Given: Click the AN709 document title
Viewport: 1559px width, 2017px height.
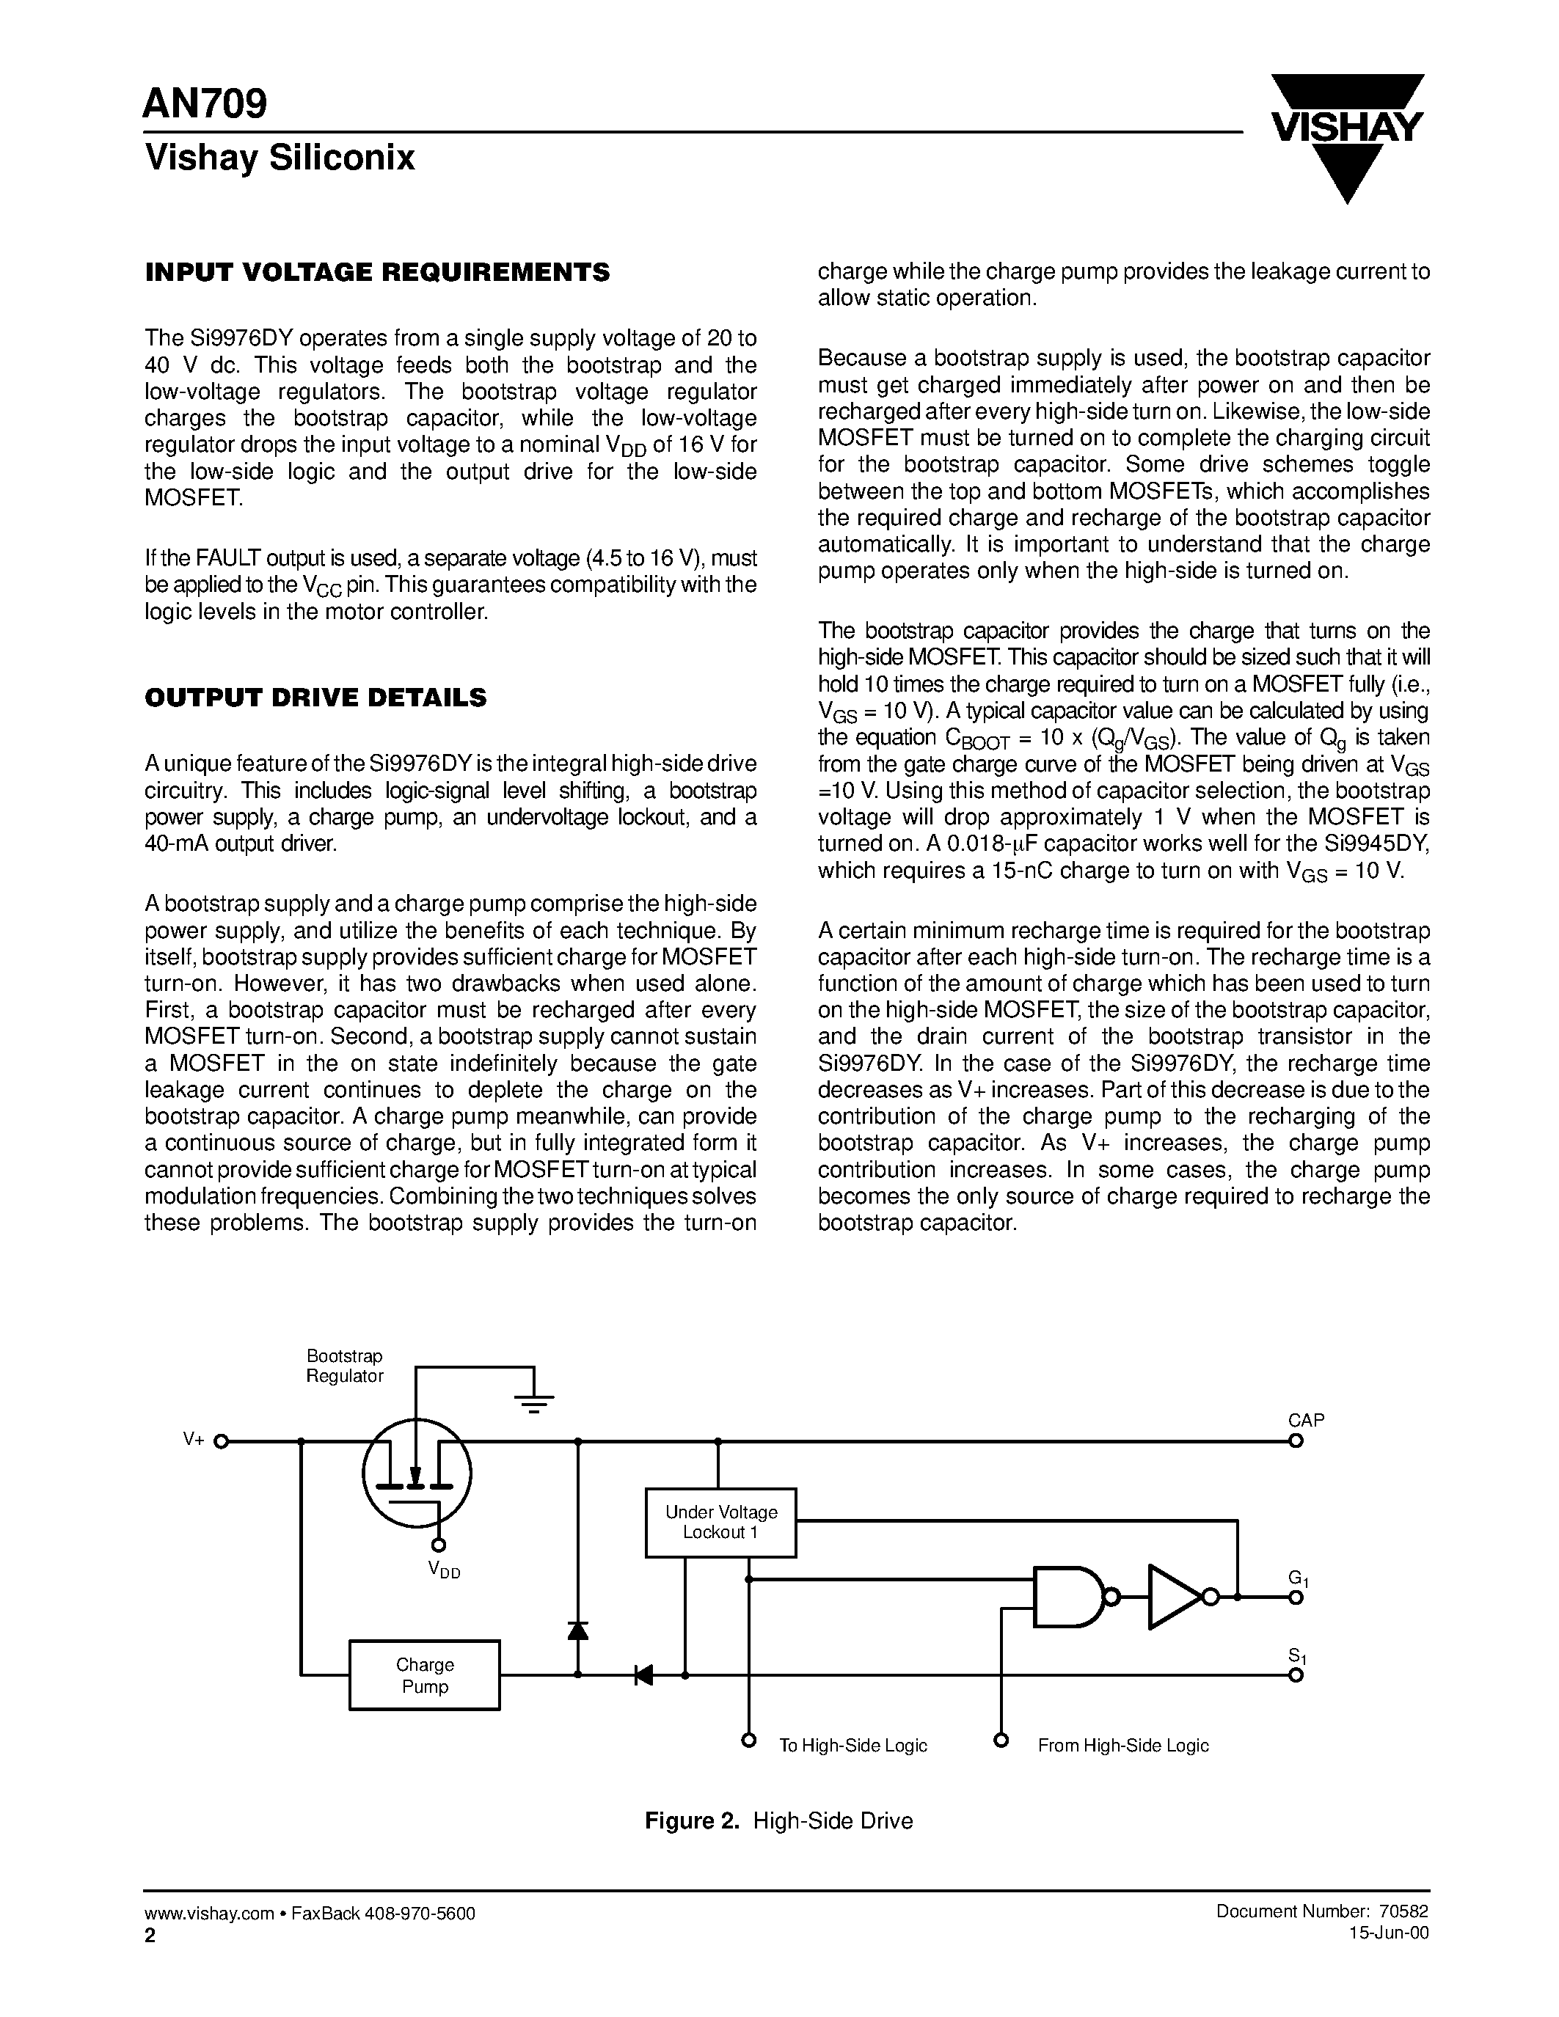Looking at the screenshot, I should tap(205, 104).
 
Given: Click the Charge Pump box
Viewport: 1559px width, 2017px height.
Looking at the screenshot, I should tap(424, 1674).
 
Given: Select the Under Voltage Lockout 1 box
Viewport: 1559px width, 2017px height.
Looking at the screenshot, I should tap(720, 1522).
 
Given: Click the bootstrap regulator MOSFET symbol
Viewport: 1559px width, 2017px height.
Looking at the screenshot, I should tap(417, 1472).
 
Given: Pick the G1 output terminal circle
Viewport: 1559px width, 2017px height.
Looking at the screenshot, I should tap(1296, 1597).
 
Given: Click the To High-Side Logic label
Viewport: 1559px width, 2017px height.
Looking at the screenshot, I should tap(852, 1746).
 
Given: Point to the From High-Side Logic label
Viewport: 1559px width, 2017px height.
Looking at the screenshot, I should tap(1122, 1746).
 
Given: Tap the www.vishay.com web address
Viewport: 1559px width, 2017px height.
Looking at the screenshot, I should tap(209, 1914).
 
